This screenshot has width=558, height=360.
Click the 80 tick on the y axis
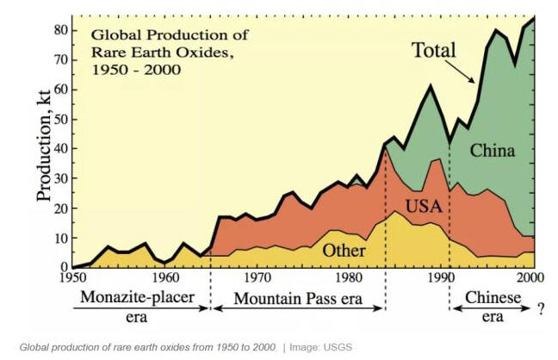tap(60, 30)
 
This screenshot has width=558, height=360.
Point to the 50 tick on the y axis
tap(60, 119)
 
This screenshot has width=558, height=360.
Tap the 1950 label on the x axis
tap(73, 278)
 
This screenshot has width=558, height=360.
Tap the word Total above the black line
tap(432, 50)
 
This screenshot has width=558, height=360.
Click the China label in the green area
tap(493, 152)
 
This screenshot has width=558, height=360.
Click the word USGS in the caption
tap(339, 347)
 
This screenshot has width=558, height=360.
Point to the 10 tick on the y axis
tap(60, 238)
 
